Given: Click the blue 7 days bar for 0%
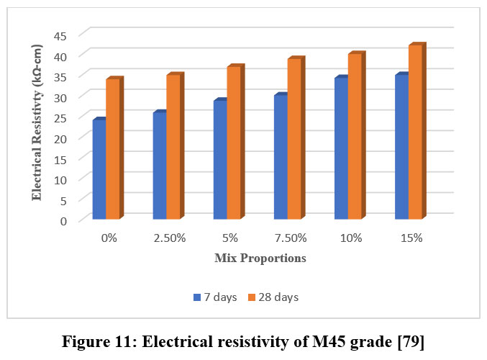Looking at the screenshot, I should tap(99, 169).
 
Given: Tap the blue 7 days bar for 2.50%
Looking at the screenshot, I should tap(160, 166).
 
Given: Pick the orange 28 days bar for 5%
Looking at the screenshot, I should tap(234, 143).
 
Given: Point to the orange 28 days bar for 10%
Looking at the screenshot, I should tap(355, 137).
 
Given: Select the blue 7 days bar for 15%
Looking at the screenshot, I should tap(401, 147).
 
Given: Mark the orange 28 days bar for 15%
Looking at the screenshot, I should tap(415, 132).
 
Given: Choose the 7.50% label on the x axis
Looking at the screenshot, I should tap(291, 238).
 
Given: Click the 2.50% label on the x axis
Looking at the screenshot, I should tap(170, 238).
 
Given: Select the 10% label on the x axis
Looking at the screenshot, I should tap(351, 238).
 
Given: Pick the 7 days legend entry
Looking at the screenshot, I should tap(216, 297).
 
